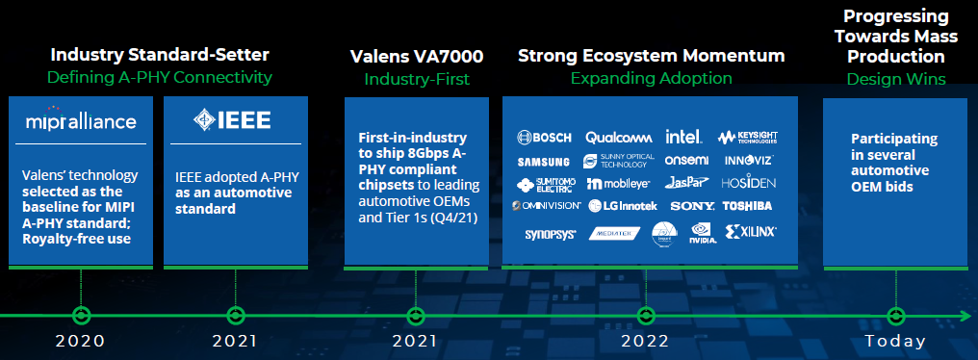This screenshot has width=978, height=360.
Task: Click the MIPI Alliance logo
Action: click(81, 121)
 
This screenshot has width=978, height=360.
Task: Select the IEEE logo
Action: click(232, 120)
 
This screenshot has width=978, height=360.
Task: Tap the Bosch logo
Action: click(545, 138)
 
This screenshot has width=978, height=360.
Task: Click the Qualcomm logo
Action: click(619, 138)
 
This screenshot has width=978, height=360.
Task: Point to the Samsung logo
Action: click(544, 161)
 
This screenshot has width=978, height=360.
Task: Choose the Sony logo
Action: click(692, 205)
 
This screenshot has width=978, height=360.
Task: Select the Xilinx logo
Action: click(751, 232)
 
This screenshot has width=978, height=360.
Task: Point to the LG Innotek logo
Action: click(623, 205)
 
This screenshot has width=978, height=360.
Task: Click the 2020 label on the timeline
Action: click(80, 341)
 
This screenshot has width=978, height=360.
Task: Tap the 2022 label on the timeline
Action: click(645, 341)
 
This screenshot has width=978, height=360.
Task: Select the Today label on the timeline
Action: click(895, 341)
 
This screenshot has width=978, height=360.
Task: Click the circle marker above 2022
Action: click(645, 315)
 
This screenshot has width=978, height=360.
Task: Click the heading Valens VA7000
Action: click(416, 56)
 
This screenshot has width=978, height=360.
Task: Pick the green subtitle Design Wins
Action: click(895, 79)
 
